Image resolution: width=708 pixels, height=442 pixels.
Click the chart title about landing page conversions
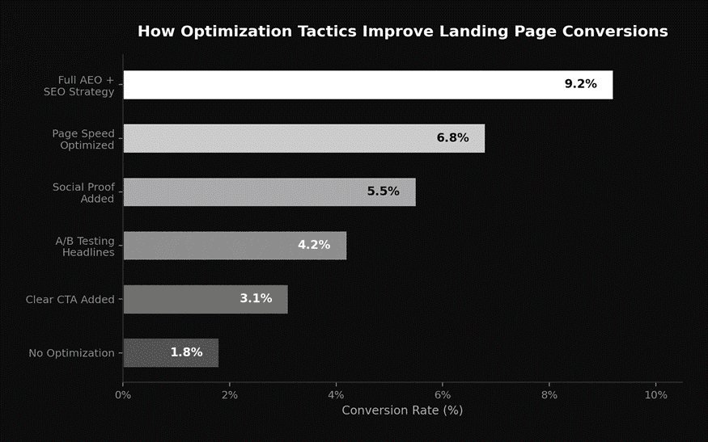[x=402, y=32]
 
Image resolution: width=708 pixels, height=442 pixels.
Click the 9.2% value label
[x=580, y=84]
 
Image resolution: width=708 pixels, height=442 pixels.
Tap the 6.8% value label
[x=452, y=138]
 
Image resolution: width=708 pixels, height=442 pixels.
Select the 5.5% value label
[x=383, y=192]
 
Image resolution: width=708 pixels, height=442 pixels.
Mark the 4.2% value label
[x=314, y=245]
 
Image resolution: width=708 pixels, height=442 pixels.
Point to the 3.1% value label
[x=255, y=298]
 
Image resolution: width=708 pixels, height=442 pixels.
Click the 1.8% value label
[x=186, y=352]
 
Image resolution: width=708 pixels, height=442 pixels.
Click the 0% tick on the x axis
[x=123, y=395]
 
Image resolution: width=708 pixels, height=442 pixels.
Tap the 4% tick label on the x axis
[x=337, y=395]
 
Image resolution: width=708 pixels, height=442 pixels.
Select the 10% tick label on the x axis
[x=656, y=395]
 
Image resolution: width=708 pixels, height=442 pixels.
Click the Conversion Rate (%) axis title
[x=402, y=410]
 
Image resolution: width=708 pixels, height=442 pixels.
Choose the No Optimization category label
[x=71, y=353]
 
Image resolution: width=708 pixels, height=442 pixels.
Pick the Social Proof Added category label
[x=83, y=192]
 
